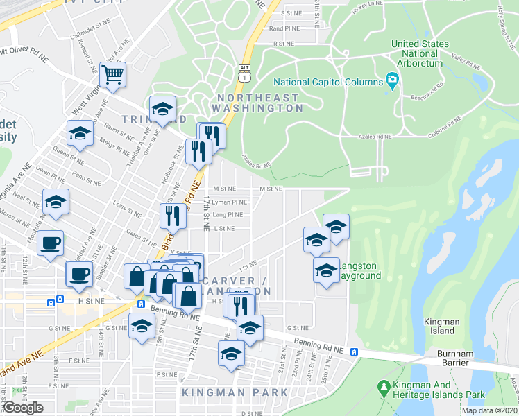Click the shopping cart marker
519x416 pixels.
(112, 75)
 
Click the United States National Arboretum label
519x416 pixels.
(419, 53)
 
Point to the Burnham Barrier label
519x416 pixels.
(454, 358)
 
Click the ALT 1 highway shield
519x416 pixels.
(243, 74)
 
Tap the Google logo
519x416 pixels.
(23, 407)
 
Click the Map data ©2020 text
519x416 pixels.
(488, 410)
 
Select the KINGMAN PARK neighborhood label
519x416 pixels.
(235, 392)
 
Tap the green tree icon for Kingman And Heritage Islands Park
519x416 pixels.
(382, 385)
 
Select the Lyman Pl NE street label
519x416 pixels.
(229, 202)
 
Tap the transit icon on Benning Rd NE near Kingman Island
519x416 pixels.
(355, 352)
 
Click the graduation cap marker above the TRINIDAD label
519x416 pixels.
(162, 109)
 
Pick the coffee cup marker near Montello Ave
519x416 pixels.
(50, 243)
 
